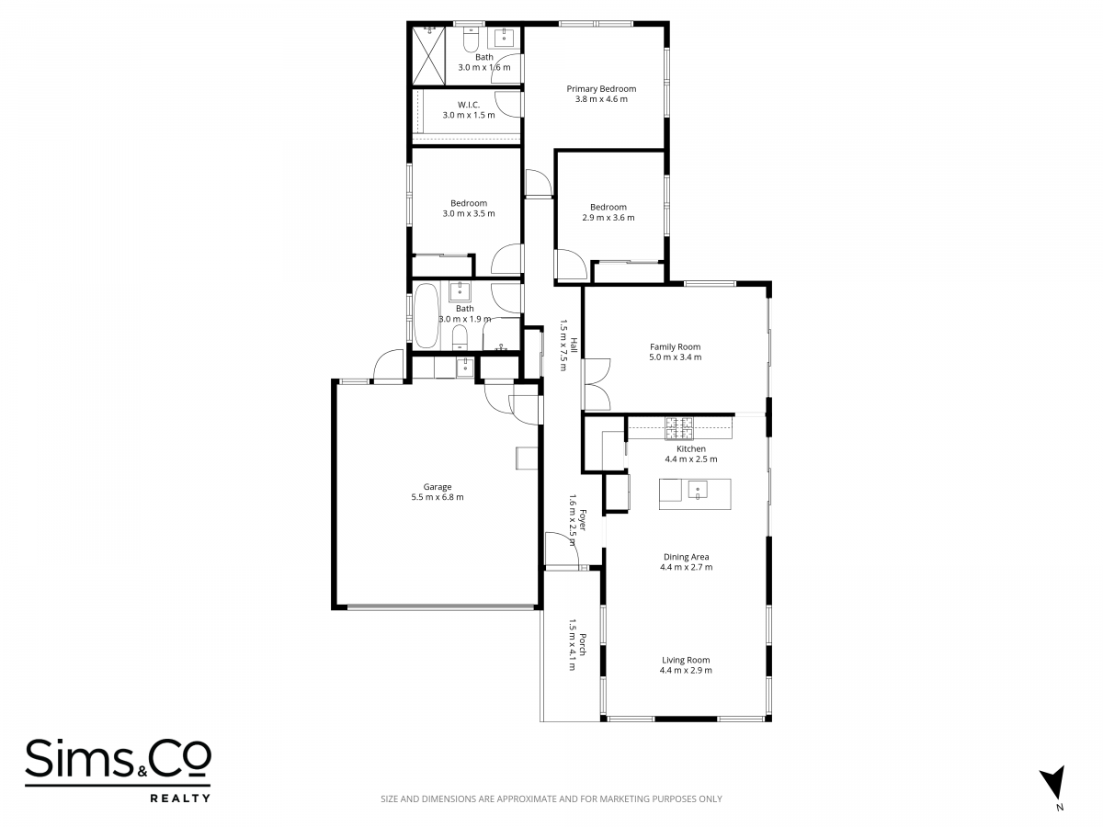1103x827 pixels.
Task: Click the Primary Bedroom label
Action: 601,89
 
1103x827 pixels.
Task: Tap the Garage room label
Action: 438,487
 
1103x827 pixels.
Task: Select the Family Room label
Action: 675,347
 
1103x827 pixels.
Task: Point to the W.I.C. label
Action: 469,105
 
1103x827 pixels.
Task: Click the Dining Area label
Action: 686,557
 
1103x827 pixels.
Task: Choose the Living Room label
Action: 686,661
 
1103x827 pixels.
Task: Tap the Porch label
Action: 583,644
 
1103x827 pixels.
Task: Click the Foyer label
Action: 583,520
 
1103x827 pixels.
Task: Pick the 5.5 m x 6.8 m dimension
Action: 438,497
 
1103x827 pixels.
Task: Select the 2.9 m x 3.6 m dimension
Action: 608,218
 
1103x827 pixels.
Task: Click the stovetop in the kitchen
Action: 679,428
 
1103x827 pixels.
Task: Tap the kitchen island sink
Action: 698,490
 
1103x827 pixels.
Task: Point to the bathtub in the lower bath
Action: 426,315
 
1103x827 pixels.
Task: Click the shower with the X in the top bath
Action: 428,56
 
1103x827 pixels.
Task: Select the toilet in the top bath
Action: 471,40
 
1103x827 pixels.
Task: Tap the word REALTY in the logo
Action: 180,798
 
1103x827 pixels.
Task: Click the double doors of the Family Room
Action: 597,384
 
